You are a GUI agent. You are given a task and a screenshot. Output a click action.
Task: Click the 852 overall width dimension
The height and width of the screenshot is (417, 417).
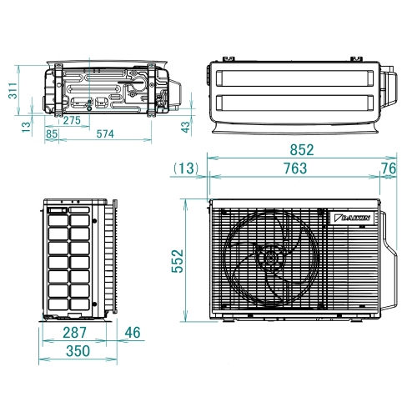click(x=302, y=150)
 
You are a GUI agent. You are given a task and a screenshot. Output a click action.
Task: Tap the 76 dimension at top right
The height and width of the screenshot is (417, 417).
click(x=388, y=168)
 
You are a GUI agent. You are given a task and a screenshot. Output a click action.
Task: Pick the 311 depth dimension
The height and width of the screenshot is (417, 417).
click(x=13, y=91)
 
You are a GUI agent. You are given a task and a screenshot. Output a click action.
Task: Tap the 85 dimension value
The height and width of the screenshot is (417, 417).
click(x=52, y=133)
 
